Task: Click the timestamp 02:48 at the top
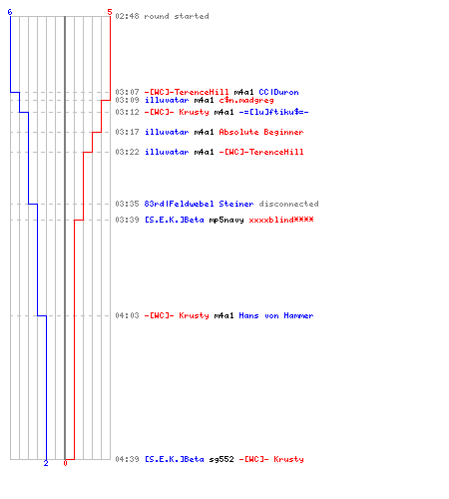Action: pyautogui.click(x=127, y=16)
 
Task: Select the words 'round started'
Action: pyautogui.click(x=177, y=16)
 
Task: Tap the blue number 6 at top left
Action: pyautogui.click(x=10, y=12)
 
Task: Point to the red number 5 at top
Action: pyautogui.click(x=110, y=12)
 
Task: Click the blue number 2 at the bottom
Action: pyautogui.click(x=46, y=463)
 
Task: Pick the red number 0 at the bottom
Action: pyautogui.click(x=65, y=463)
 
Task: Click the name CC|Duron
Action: pyautogui.click(x=278, y=92)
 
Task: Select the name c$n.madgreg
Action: pyautogui.click(x=246, y=100)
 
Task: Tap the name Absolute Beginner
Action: pyautogui.click(x=261, y=132)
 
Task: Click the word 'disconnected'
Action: pyautogui.click(x=288, y=204)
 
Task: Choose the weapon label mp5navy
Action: pyautogui.click(x=226, y=220)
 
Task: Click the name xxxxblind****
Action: pyautogui.click(x=281, y=220)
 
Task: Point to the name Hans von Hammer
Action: pyautogui.click(x=276, y=315)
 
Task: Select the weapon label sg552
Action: pyautogui.click(x=222, y=459)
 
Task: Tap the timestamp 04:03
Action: pyautogui.click(x=127, y=315)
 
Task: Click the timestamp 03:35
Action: pyautogui.click(x=127, y=204)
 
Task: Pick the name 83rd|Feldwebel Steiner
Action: pyautogui.click(x=199, y=204)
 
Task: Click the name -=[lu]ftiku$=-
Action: pyautogui.click(x=273, y=112)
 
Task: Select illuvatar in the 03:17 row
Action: pyautogui.click(x=167, y=132)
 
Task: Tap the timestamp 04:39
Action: pyautogui.click(x=127, y=459)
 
